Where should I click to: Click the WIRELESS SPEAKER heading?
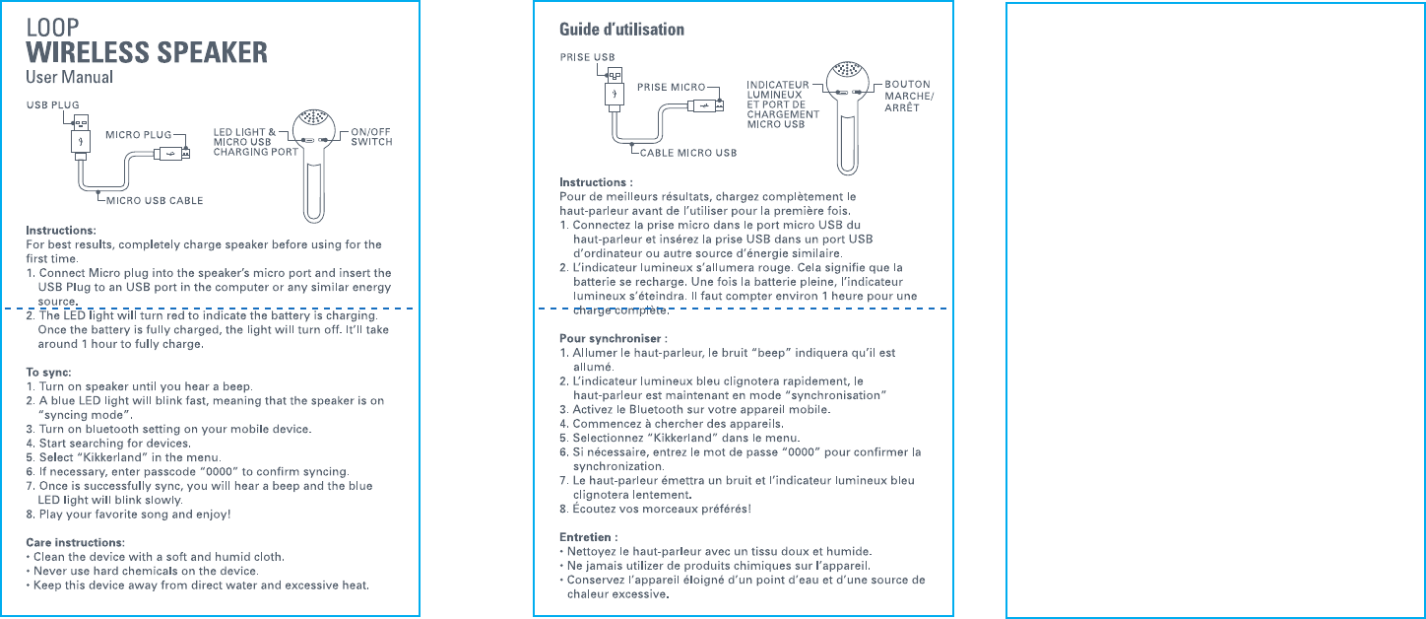coord(146,51)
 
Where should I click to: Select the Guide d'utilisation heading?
coord(621,29)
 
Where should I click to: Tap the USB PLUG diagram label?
coord(52,103)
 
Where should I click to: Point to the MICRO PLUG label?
coord(138,134)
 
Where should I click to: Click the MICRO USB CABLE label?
coord(155,201)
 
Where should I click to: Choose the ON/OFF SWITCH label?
coord(371,136)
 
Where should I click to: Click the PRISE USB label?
coord(587,57)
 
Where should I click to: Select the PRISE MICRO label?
coord(671,87)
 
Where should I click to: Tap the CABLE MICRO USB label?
coord(688,153)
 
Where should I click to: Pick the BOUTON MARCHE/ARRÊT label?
coord(908,96)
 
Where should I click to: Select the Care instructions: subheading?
coord(75,542)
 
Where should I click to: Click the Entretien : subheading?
coord(588,536)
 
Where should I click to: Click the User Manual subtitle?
coord(69,77)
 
